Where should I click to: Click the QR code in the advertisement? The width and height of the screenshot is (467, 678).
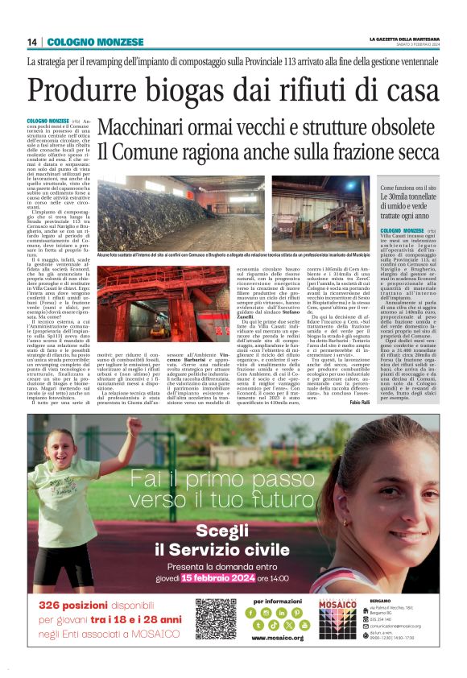point(214,618)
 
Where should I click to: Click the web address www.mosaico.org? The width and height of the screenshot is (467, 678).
point(277,638)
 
